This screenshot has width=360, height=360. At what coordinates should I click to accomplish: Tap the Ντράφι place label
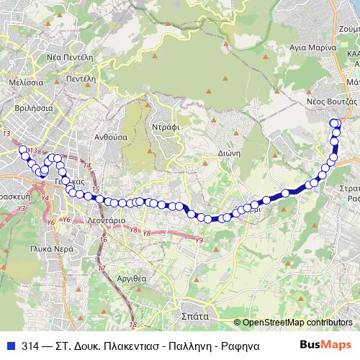(x=165, y=125)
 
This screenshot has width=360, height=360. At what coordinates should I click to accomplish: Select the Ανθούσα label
(x=111, y=136)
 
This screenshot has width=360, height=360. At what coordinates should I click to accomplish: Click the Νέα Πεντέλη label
(x=71, y=55)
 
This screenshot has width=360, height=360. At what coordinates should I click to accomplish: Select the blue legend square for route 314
(x=10, y=344)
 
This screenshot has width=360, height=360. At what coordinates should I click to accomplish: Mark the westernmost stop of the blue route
(x=23, y=150)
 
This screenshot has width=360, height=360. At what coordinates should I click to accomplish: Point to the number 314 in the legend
(x=30, y=344)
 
